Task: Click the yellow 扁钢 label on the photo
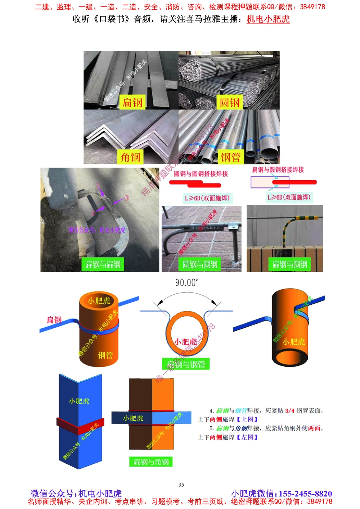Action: (x=132, y=103)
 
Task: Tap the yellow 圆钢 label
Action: (x=230, y=103)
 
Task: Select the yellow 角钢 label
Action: (x=131, y=157)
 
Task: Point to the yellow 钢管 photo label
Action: (x=231, y=157)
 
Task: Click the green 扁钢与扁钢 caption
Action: (x=103, y=264)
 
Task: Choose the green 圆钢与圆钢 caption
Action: (x=200, y=264)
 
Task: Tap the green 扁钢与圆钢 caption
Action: (x=289, y=264)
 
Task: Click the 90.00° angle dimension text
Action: (x=186, y=283)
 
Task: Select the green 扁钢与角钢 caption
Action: (x=151, y=462)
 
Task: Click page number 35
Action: (x=181, y=485)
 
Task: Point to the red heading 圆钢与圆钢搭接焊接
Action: (x=201, y=174)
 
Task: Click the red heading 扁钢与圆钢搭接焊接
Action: (x=278, y=169)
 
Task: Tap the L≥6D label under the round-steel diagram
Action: (x=207, y=198)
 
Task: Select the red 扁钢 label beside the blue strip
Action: (x=54, y=319)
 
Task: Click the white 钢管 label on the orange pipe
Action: (x=105, y=355)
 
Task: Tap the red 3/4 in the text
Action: (x=290, y=410)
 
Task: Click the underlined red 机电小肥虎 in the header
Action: (x=268, y=19)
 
